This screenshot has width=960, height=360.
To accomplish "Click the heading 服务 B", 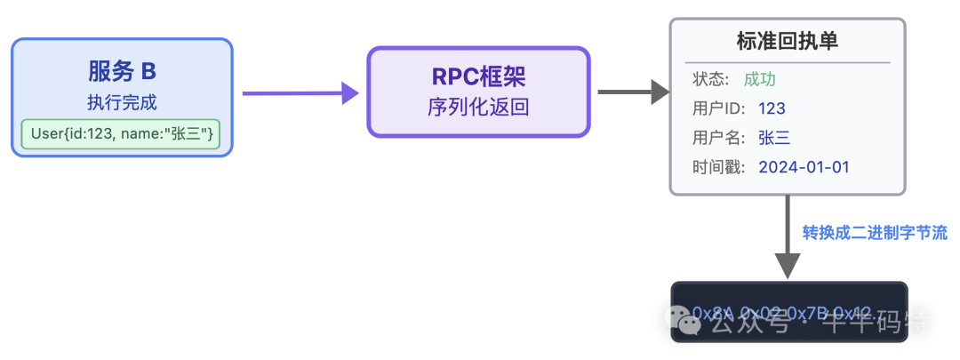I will point(122,71).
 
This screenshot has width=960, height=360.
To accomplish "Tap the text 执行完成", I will point(122,102).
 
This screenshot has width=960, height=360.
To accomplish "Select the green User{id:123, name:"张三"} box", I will point(122,134).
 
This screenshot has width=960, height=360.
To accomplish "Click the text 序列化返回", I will point(478,108).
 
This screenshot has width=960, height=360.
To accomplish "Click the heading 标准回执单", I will point(787,41).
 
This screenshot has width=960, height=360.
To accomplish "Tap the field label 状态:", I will point(711,79).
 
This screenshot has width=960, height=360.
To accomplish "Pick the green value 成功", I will point(760,79).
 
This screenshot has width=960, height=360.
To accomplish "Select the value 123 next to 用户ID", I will point(772,108).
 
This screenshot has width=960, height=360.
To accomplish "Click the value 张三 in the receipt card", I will point(774,138).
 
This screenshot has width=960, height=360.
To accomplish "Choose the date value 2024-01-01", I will point(805,167).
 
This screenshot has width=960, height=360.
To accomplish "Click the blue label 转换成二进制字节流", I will point(875,233).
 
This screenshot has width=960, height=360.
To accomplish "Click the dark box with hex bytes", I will point(788,311).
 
